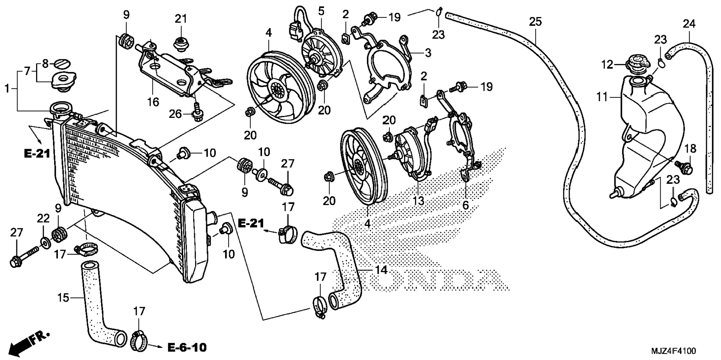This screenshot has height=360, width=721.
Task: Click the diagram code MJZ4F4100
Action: (673, 351)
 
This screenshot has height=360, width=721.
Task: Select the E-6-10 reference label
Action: (187, 348)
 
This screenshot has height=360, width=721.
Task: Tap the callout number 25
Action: (535, 22)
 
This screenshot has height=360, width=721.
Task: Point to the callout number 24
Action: (689, 24)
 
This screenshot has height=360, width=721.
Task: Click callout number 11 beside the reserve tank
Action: (602, 97)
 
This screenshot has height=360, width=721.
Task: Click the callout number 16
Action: (153, 101)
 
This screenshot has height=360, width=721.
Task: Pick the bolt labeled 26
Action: (196, 112)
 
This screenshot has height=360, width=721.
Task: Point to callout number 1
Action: (7, 89)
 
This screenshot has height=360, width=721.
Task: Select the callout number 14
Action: (381, 269)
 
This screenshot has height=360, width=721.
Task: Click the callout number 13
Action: (418, 200)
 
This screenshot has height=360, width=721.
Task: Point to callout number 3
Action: (428, 53)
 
